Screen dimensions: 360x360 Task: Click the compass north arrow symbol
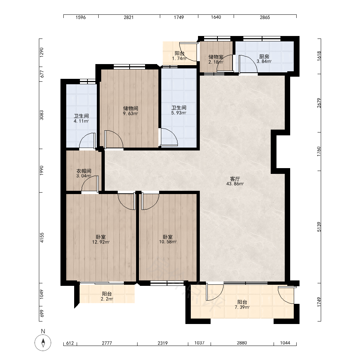pyautogui.click(x=43, y=343)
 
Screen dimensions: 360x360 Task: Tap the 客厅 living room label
pyautogui.click(x=235, y=179)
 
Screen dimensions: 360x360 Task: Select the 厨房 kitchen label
pyautogui.click(x=264, y=57)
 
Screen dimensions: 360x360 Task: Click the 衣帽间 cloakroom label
pyautogui.click(x=84, y=171)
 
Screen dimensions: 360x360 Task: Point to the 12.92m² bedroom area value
pyautogui.click(x=101, y=242)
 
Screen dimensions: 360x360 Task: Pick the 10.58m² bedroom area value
pyautogui.click(x=168, y=242)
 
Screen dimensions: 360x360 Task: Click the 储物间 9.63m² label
pyautogui.click(x=131, y=111)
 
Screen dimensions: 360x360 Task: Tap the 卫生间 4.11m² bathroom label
pyautogui.click(x=81, y=118)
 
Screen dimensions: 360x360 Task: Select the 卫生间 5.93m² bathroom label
pyautogui.click(x=179, y=110)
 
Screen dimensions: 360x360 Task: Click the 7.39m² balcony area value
pyautogui.click(x=242, y=307)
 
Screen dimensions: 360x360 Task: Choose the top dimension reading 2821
pyautogui.click(x=129, y=17)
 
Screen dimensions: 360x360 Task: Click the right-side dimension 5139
pyautogui.click(x=319, y=227)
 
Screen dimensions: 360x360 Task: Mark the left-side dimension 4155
pyautogui.click(x=41, y=238)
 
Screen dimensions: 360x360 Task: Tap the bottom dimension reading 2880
pyautogui.click(x=242, y=343)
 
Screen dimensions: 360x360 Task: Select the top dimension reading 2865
pyautogui.click(x=265, y=17)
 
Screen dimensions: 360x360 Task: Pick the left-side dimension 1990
pyautogui.click(x=41, y=171)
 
